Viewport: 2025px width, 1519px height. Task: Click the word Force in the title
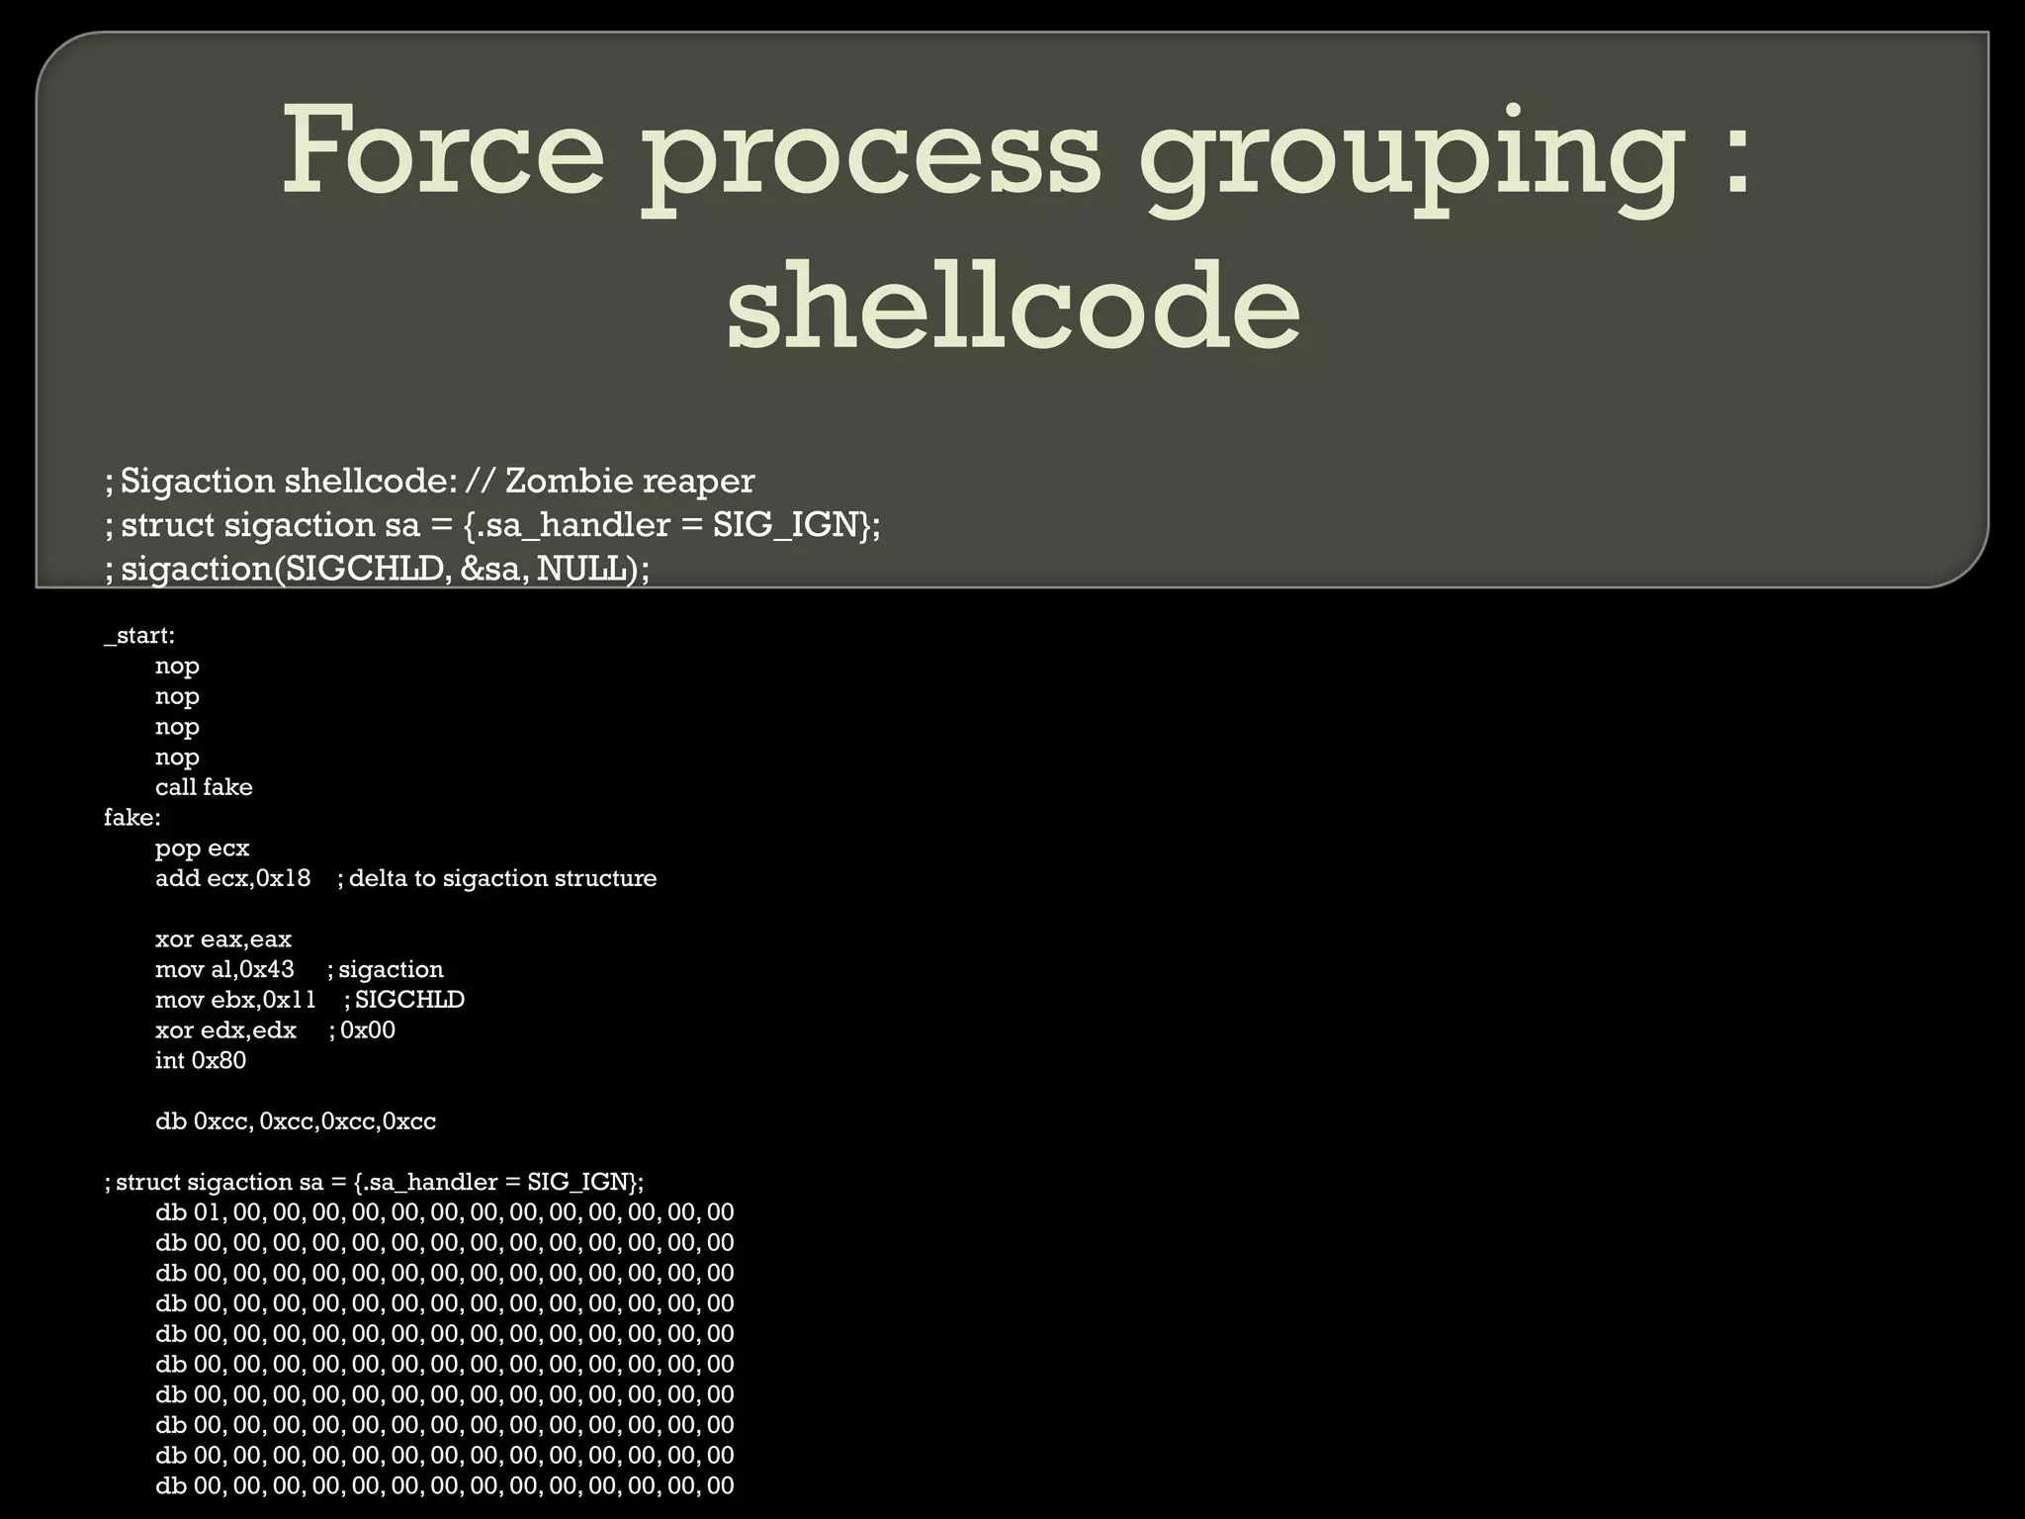point(442,150)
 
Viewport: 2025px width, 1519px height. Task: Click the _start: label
point(139,636)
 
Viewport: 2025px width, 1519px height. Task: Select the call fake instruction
point(204,787)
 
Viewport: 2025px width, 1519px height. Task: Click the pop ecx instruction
point(202,849)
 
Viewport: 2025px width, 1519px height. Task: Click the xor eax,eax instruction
point(222,939)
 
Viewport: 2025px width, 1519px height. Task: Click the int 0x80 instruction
point(201,1060)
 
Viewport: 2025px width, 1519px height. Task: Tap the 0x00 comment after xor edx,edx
point(368,1030)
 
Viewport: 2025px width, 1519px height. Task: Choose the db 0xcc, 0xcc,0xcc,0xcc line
point(295,1121)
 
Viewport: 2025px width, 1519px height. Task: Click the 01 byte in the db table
point(206,1212)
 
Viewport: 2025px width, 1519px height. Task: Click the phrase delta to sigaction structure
point(502,878)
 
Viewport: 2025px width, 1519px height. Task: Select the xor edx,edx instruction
point(225,1030)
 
